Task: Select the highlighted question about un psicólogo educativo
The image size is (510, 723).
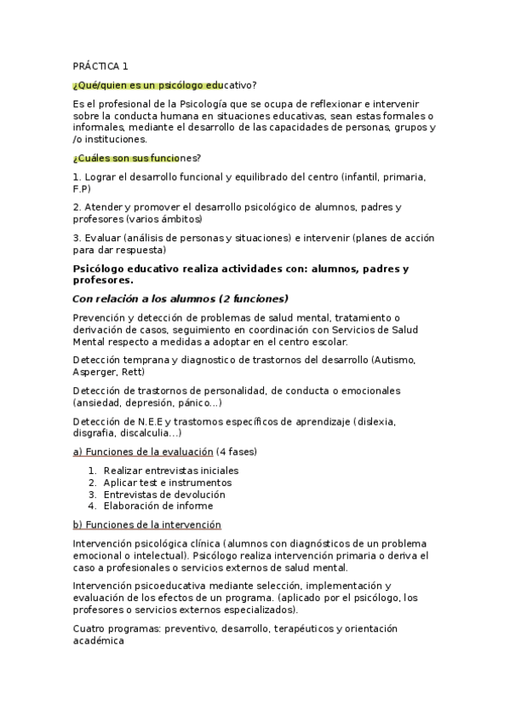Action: click(164, 84)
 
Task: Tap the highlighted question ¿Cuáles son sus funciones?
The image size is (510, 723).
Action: click(137, 158)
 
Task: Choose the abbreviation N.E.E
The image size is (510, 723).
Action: click(145, 421)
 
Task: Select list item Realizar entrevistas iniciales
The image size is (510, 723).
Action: click(171, 470)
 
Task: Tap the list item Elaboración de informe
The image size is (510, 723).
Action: click(158, 506)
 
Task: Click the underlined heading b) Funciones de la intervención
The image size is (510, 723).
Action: click(147, 524)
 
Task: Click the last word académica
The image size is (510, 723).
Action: click(99, 640)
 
